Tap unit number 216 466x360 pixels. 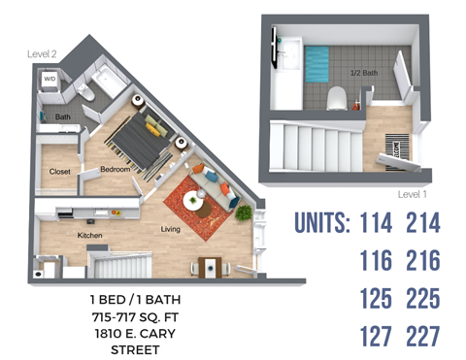pyautogui.click(x=422, y=260)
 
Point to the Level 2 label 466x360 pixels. pyautogui.click(x=40, y=56)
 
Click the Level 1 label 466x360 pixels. pyautogui.click(x=412, y=194)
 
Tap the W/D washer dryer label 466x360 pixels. pyautogui.click(x=50, y=79)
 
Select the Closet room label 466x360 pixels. pyautogui.click(x=59, y=172)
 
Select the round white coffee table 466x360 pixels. pyautogui.click(x=194, y=203)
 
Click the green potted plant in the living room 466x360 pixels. pyautogui.click(x=245, y=212)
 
